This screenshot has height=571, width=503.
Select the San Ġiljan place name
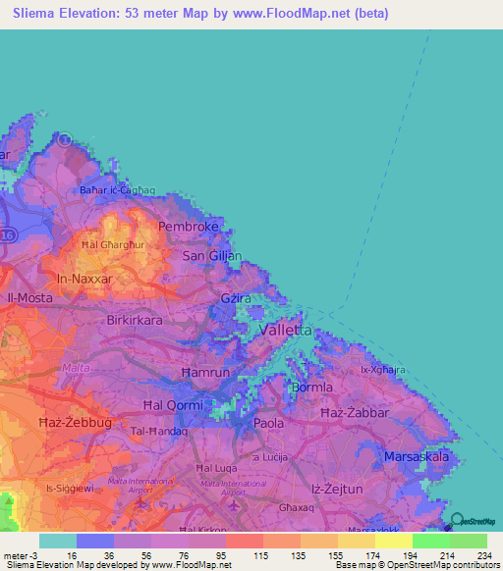[x=212, y=256]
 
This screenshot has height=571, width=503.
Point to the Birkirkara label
[x=138, y=320]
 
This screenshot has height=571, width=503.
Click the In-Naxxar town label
[x=86, y=280]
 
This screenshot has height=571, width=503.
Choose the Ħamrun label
[x=204, y=374]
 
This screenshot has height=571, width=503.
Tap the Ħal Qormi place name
[x=173, y=405]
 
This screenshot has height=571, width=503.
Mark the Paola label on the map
[x=269, y=423]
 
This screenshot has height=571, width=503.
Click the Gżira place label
[x=238, y=297]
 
